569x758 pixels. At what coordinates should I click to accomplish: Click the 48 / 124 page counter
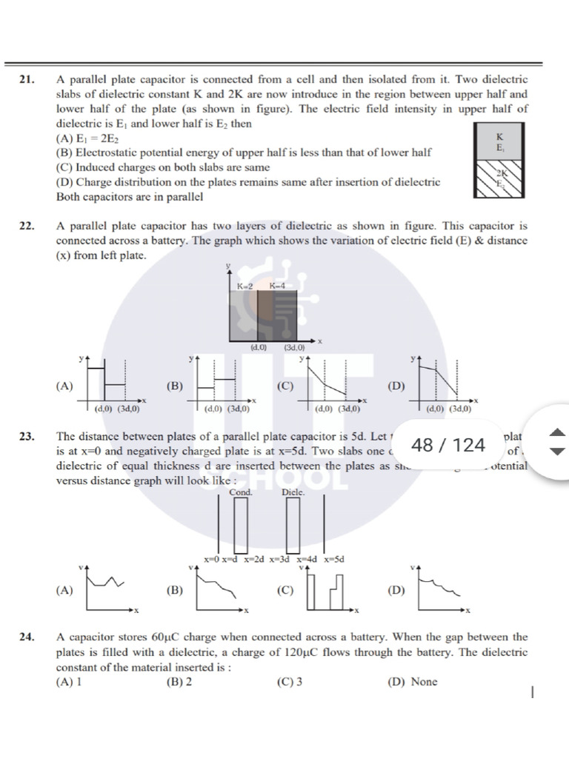(x=447, y=445)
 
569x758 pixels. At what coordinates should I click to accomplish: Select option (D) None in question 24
(x=413, y=682)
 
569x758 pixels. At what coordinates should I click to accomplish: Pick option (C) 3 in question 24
(x=289, y=682)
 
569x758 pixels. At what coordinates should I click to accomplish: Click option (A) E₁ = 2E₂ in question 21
(x=87, y=138)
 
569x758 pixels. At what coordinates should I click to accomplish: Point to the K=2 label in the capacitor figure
(x=246, y=286)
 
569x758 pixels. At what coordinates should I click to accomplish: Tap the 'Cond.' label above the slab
(x=240, y=492)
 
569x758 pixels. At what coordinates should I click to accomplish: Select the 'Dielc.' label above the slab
(x=293, y=492)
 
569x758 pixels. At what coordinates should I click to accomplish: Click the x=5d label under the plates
(x=333, y=560)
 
